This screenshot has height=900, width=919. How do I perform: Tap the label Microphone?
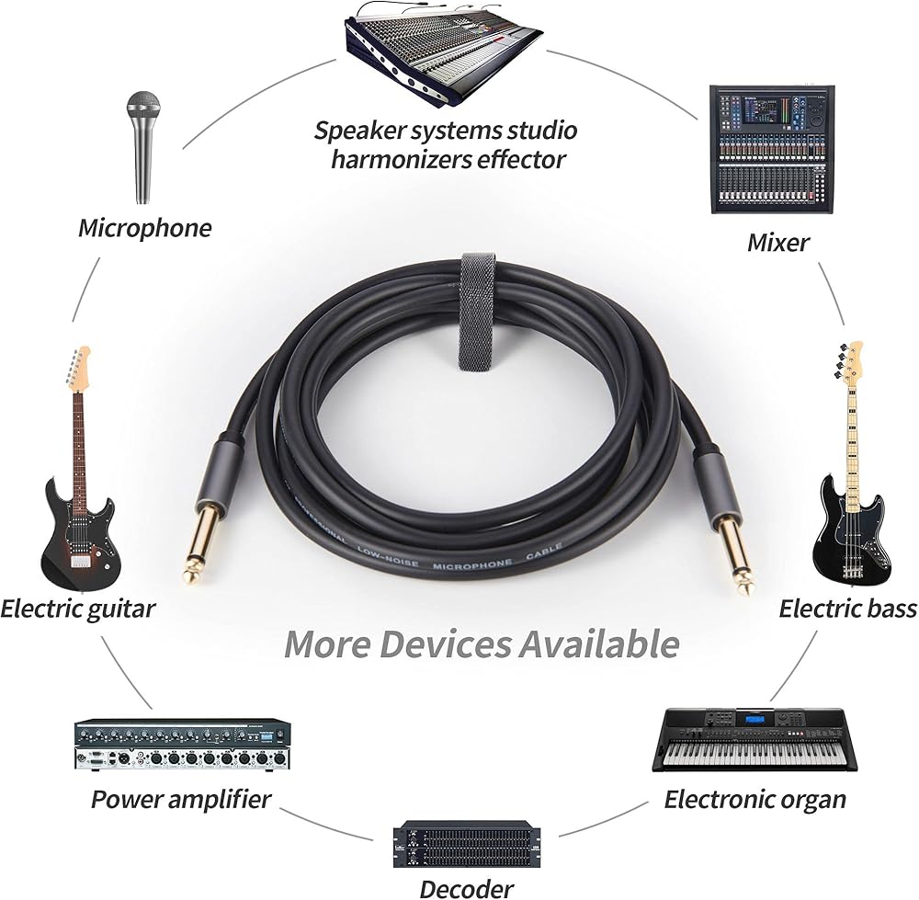[144, 227]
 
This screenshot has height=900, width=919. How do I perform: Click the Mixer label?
[777, 243]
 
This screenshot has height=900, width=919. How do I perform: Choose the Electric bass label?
[847, 609]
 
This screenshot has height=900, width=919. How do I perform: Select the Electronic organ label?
[754, 799]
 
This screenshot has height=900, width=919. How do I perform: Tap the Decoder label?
[466, 888]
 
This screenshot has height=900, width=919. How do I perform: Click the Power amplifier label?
[181, 799]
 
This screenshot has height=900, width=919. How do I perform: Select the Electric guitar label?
[77, 609]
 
